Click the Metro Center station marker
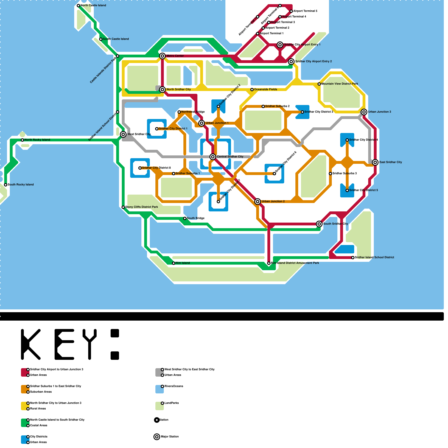tap(162, 56)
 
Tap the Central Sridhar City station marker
tap(213, 157)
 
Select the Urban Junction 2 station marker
tap(258, 202)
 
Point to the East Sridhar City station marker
tap(375, 162)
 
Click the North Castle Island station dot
tap(78, 6)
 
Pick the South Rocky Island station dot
tap(6, 185)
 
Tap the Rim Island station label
tap(183, 263)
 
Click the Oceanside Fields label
tap(265, 90)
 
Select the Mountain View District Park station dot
tap(319, 84)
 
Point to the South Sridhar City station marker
tap(319, 224)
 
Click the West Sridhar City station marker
tap(123, 134)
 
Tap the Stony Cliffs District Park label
tap(141, 207)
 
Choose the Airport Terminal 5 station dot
tap(291, 11)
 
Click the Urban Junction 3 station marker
tap(364, 112)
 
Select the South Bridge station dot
tap(185, 218)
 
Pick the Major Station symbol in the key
tap(157, 437)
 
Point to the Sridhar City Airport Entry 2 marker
tap(291, 62)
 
